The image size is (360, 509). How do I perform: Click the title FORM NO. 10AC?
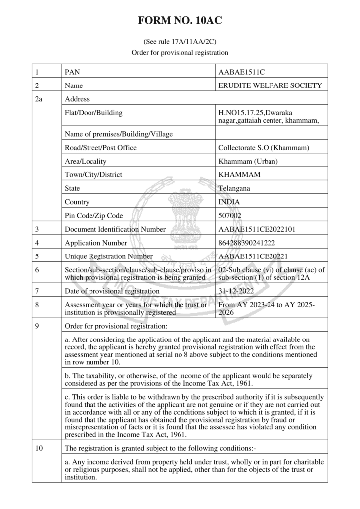pos(180,21)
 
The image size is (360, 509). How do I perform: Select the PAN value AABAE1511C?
pos(242,72)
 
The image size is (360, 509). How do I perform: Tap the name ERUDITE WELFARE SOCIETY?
pos(270,85)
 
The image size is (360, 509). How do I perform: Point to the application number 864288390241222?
pos(247,243)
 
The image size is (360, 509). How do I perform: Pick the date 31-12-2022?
pos(236,291)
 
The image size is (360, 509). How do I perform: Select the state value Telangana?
pos(234,188)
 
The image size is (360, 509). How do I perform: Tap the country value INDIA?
pos(229,202)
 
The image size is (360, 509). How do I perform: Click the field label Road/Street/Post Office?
pos(100,148)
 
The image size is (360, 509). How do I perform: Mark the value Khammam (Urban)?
pos(248,161)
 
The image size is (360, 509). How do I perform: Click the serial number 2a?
pos(39,99)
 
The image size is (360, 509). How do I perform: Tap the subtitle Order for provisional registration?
pos(180,52)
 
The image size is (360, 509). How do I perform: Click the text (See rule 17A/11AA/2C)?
pos(180,42)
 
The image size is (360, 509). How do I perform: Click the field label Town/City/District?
pos(93,175)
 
